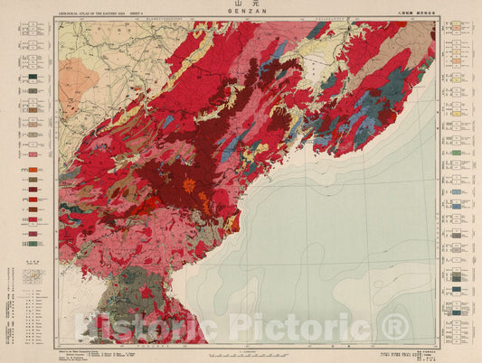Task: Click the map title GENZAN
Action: click(241, 14)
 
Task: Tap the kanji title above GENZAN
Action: click(241, 6)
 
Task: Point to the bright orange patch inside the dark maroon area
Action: click(189, 184)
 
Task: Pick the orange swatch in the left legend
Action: click(33, 170)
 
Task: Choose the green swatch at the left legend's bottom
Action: click(33, 242)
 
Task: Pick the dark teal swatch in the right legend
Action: click(457, 205)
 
